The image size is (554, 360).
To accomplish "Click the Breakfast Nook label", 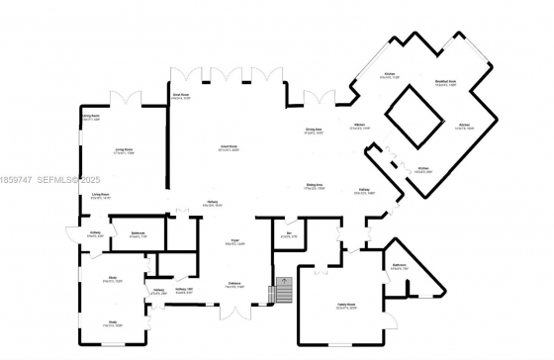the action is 445,84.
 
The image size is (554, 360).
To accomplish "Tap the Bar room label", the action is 290,235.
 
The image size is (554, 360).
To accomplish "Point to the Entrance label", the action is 235,286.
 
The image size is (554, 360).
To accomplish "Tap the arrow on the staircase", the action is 284,286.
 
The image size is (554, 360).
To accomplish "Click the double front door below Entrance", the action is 234,313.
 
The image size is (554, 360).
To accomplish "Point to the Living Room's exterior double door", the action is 125,98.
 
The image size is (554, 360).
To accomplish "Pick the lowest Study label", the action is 114,321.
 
